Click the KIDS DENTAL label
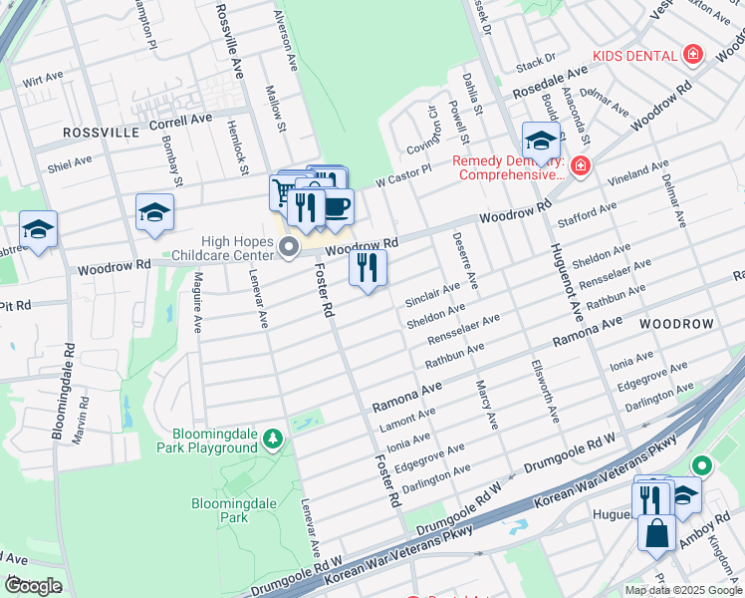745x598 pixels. tap(633, 55)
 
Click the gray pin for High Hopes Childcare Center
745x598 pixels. tap(290, 247)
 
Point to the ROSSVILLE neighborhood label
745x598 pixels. tap(102, 132)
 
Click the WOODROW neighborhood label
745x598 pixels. tap(676, 325)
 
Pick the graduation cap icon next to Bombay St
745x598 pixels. tap(154, 212)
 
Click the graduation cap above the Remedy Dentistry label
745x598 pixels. tap(541, 141)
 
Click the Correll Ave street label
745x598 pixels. tap(180, 120)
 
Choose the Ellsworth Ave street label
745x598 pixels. tap(546, 389)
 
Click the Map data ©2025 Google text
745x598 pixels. tap(683, 590)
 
